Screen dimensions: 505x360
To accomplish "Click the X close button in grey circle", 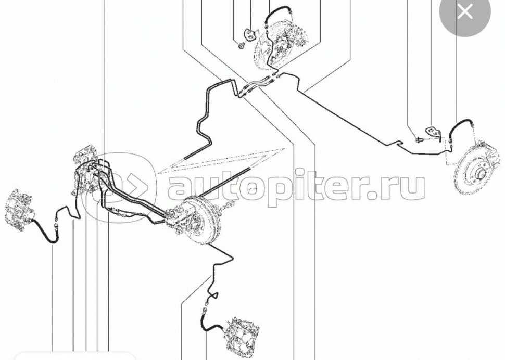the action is pos(465,12).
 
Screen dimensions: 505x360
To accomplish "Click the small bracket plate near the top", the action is pos(249,35).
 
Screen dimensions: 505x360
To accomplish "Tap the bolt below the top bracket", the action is pos(241,46).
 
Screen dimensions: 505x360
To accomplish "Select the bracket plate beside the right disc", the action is pos(433,133).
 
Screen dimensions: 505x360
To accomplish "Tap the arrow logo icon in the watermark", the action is pos(119,187).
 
